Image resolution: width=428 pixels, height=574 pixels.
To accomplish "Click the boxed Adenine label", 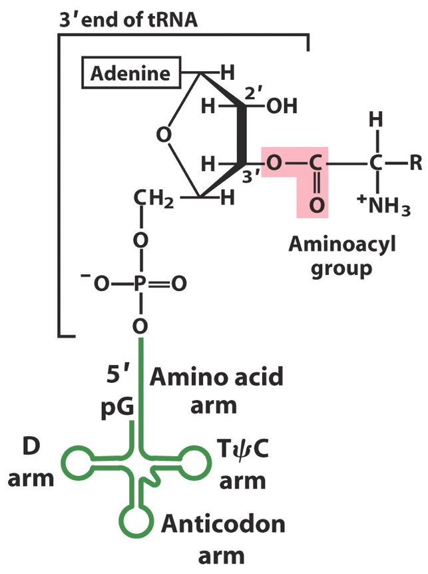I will coord(132,72).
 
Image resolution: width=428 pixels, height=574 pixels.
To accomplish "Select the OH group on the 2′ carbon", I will coord(282,107).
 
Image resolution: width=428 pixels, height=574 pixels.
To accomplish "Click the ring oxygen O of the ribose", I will coord(162,136).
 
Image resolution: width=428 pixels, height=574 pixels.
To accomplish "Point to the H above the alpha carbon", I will coord(377,121).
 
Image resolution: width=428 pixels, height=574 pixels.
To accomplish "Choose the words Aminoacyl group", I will coord(341,257).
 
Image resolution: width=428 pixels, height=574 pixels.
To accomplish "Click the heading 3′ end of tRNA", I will coord(126,20).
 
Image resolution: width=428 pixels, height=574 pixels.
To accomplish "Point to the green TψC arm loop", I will coord(197,461).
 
